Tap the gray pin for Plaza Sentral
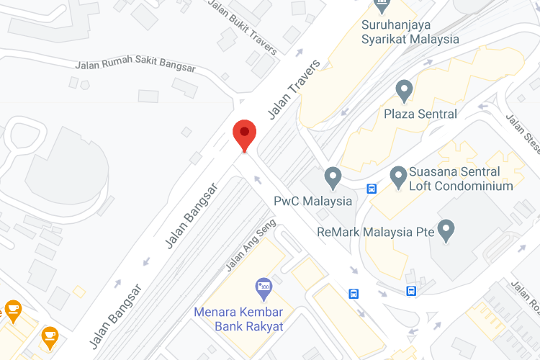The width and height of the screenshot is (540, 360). point(404,91)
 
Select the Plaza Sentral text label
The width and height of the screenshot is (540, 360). point(420,114)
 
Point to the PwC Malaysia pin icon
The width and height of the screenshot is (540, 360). point(332,176)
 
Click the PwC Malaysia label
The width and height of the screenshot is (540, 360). point(312,201)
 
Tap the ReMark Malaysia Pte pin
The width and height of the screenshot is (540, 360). point(446,230)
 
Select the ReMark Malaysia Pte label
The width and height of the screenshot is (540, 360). point(376,232)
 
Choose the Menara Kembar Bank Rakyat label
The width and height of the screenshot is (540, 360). point(238,319)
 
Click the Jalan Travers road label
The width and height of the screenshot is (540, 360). point(293,90)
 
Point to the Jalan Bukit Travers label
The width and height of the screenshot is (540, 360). point(243,27)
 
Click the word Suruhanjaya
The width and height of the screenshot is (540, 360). point(396,24)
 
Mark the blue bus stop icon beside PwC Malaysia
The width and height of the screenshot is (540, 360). point(372,189)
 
